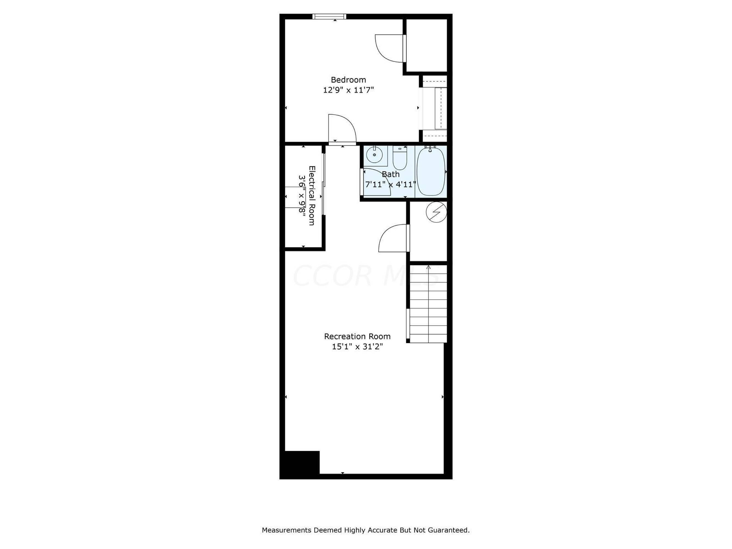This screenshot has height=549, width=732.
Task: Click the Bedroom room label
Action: (349, 80)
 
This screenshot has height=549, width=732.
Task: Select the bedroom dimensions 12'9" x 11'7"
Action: (349, 90)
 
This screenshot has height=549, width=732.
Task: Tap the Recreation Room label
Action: (357, 336)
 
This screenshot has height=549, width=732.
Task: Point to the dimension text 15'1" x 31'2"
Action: (357, 346)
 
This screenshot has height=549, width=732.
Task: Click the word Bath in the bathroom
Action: (391, 174)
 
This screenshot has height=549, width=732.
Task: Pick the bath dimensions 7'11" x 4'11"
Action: (391, 184)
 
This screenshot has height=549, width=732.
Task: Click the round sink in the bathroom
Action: (375, 155)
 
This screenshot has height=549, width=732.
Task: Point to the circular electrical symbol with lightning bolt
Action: (436, 212)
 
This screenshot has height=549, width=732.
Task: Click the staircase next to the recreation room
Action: (428, 303)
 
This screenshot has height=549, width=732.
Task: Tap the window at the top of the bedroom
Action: (330, 16)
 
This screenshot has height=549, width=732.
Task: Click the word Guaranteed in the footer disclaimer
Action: (448, 539)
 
